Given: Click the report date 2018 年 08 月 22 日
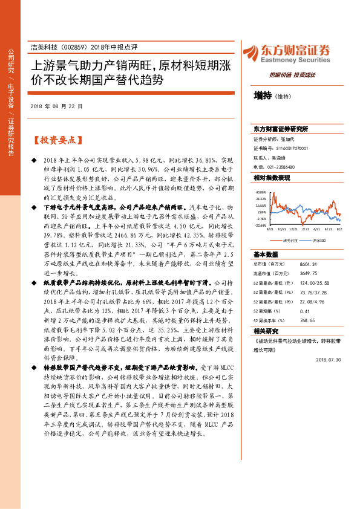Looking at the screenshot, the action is (56, 106).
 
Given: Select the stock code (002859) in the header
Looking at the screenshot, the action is (77, 47).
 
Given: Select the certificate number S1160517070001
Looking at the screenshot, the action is (288, 148).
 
